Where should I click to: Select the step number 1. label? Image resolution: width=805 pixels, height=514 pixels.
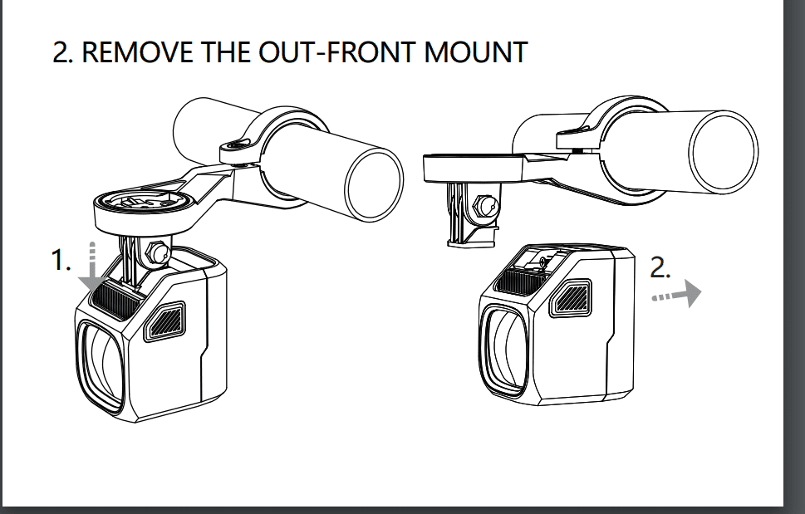coord(61,260)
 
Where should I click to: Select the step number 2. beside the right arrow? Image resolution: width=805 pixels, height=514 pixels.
coord(660,267)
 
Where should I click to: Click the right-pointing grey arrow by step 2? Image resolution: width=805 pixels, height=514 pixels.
coord(677,294)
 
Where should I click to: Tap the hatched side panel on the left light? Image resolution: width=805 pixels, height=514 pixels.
coord(164,321)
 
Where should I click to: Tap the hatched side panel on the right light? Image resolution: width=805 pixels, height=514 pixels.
coord(571,298)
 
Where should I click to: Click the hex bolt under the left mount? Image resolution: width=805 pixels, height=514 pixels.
coord(157,252)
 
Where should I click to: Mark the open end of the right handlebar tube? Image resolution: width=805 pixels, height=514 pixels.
coord(723,152)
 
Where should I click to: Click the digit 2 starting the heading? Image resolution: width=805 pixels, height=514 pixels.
coord(60,52)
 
